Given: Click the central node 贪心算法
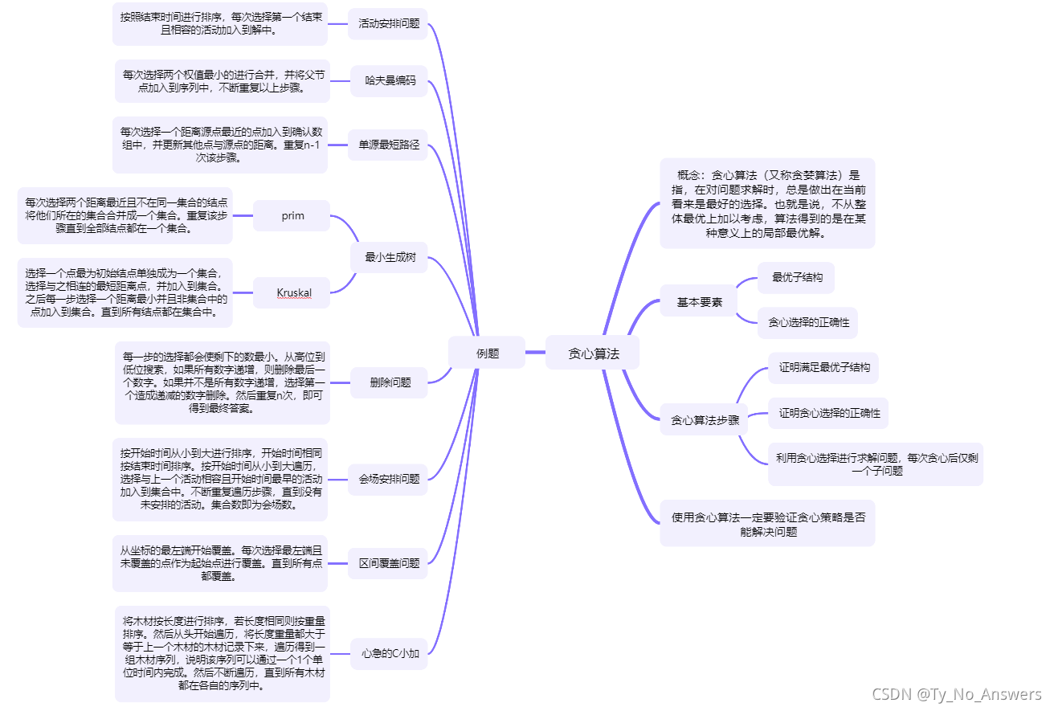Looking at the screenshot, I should click(x=594, y=353).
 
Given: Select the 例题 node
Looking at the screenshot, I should click(x=487, y=353).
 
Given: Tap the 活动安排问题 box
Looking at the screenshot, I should click(x=389, y=23).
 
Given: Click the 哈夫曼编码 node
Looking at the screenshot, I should click(x=390, y=80).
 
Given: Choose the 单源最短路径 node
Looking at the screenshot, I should click(x=389, y=145).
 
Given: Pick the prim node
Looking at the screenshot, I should click(x=292, y=215).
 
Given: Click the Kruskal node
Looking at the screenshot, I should click(x=293, y=292).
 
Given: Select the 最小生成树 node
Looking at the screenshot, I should click(x=389, y=257).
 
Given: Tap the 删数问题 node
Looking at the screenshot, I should click(x=390, y=382).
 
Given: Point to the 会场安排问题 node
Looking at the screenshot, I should click(x=389, y=479).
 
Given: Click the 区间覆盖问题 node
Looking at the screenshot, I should click(x=389, y=563).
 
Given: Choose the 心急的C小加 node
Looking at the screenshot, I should click(x=390, y=653).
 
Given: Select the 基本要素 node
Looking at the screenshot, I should click(x=699, y=302).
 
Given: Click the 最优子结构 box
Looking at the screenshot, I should click(x=797, y=277).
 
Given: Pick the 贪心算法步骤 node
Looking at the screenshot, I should click(x=705, y=419).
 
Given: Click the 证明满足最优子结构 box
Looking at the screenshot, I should click(x=823, y=368).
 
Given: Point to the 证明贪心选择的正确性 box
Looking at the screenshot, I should click(x=829, y=413).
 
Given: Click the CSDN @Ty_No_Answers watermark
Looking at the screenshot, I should click(x=955, y=694).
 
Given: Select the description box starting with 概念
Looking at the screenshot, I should click(x=767, y=203).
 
